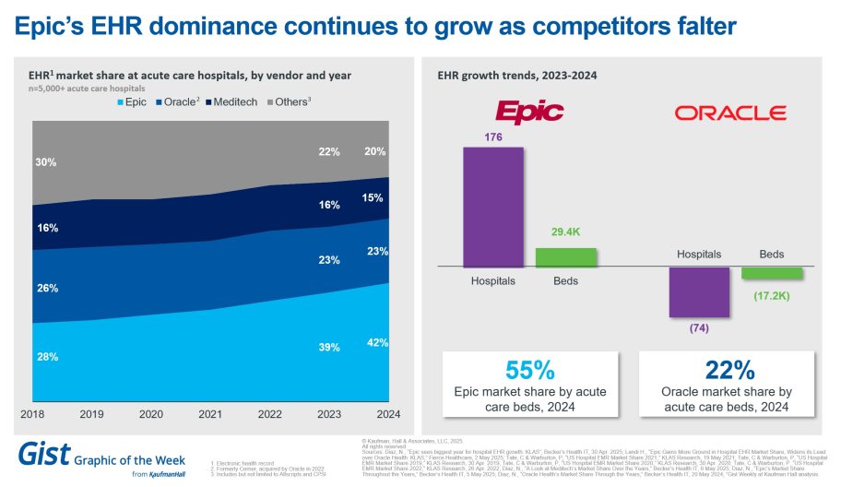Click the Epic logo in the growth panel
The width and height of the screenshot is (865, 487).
[529, 113]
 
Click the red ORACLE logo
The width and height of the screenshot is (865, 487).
[729, 113]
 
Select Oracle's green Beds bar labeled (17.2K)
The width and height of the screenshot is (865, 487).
[771, 273]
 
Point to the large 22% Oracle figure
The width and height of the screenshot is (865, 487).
[729, 371]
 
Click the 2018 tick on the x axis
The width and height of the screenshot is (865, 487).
[33, 415]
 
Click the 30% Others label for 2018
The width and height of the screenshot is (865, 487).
[47, 162]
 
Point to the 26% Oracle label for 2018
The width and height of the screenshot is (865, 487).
[47, 288]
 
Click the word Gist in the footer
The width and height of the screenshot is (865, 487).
[42, 455]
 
